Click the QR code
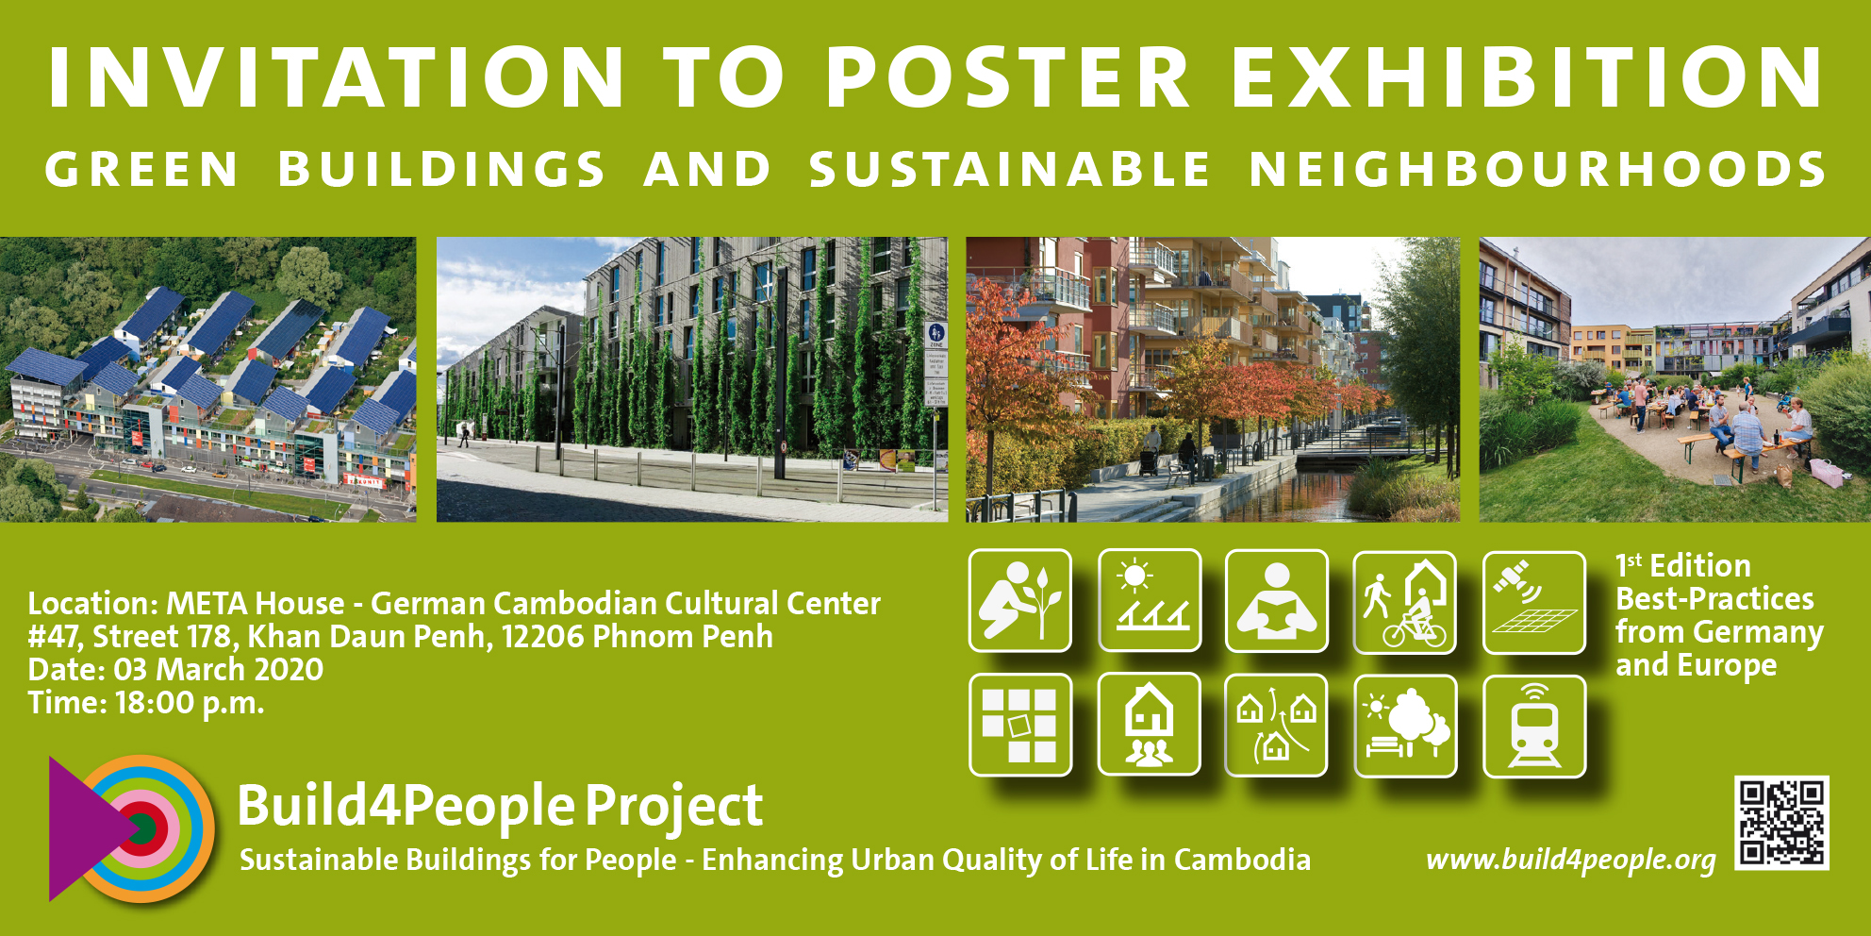click(x=1781, y=823)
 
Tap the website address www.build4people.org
click(x=1571, y=860)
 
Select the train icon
click(x=1534, y=727)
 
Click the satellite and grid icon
click(x=1534, y=603)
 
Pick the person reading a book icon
click(x=1277, y=601)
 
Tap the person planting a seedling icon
click(x=1020, y=601)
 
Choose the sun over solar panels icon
click(x=1150, y=601)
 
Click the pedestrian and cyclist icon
click(x=1405, y=603)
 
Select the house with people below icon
click(x=1150, y=725)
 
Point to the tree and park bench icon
click(x=1405, y=727)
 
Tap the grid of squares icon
click(x=1020, y=725)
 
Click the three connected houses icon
click(x=1277, y=725)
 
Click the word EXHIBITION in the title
click(x=1528, y=77)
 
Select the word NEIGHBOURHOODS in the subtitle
click(x=1537, y=170)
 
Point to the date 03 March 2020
click(x=219, y=670)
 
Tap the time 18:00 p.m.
click(x=190, y=703)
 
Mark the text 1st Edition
click(x=1683, y=565)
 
